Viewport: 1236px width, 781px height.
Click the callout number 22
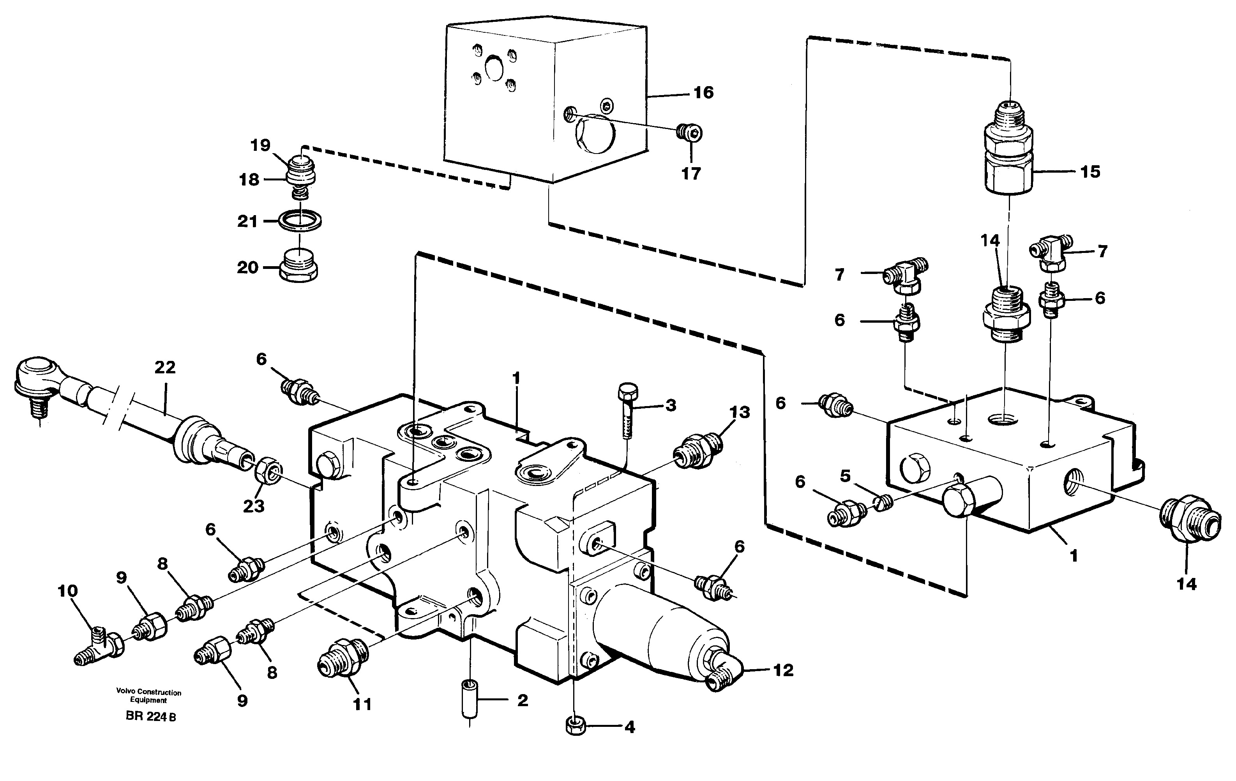point(165,367)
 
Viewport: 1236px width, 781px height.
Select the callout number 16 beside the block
point(703,92)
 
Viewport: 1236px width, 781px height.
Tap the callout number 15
point(1090,171)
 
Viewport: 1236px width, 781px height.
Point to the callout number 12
point(783,670)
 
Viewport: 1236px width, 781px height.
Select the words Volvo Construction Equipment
point(148,696)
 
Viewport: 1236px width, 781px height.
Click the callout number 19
point(260,145)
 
